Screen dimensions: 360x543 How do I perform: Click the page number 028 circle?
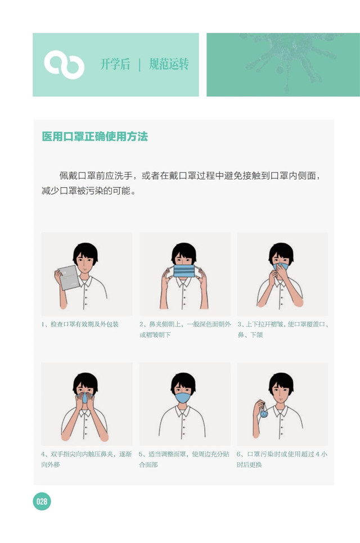[42, 501]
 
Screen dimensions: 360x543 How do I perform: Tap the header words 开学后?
[115, 64]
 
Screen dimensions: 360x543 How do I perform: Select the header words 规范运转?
[169, 64]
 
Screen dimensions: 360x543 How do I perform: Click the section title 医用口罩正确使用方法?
[94, 137]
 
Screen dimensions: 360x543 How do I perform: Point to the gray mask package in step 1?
[69, 277]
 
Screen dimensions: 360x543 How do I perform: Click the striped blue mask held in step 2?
[184, 271]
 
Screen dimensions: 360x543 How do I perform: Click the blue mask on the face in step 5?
[183, 397]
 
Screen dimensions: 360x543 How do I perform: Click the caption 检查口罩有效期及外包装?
[84, 324]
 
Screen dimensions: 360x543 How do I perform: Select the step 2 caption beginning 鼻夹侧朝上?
[184, 329]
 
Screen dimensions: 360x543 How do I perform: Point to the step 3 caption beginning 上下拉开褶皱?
[283, 329]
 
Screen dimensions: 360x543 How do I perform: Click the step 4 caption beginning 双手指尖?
[86, 459]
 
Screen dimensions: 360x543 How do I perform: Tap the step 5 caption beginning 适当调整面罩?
[184, 459]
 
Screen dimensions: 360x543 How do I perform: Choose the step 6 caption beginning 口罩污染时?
[282, 459]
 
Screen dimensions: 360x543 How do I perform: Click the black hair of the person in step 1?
[85, 251]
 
